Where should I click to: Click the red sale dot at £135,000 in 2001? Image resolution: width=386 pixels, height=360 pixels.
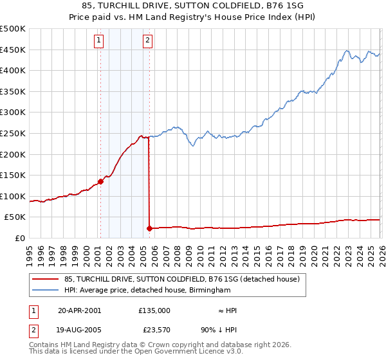click(x=100, y=181)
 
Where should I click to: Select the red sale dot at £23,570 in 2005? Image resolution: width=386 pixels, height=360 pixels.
click(x=149, y=228)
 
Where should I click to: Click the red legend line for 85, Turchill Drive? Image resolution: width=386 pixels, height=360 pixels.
click(x=46, y=280)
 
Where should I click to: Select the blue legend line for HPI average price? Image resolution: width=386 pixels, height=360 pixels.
click(x=46, y=291)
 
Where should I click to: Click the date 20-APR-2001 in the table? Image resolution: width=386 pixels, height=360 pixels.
click(x=79, y=310)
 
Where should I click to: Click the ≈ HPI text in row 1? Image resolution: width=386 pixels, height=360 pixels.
click(x=227, y=310)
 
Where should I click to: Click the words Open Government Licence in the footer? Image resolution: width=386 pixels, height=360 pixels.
click(x=175, y=352)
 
